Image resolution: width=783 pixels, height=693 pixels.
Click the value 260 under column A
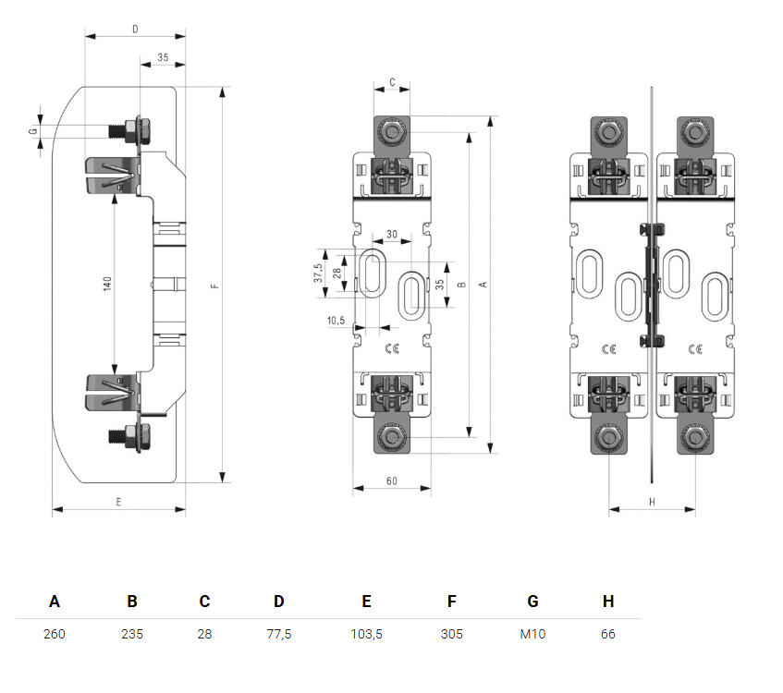tap(55, 634)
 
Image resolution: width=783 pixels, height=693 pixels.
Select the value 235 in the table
tap(132, 634)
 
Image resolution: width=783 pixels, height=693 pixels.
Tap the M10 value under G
tap(532, 634)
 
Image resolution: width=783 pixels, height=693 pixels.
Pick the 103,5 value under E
tap(366, 634)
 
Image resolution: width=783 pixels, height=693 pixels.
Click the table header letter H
tap(608, 602)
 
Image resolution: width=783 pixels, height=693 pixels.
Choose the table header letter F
tap(451, 602)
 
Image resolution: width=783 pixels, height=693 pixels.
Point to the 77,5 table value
tap(278, 634)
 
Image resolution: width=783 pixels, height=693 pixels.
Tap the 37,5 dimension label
tap(318, 274)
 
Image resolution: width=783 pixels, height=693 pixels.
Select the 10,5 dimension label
tap(336, 321)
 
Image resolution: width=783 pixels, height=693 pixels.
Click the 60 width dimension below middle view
tap(391, 481)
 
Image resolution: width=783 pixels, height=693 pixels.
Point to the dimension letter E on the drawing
tap(118, 502)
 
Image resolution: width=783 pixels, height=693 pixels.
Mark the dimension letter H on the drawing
tap(651, 502)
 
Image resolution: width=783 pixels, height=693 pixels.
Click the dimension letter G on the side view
tap(33, 132)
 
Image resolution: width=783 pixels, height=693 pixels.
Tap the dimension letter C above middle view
tap(392, 82)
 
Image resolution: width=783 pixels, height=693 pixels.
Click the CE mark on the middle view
tap(390, 348)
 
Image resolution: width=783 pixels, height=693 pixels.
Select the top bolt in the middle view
tap(392, 132)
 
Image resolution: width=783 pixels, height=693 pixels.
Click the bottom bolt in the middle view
tap(392, 437)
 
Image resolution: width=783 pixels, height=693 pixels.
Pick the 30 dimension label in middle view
tap(392, 235)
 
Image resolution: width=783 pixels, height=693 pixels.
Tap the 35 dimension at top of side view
tap(163, 57)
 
